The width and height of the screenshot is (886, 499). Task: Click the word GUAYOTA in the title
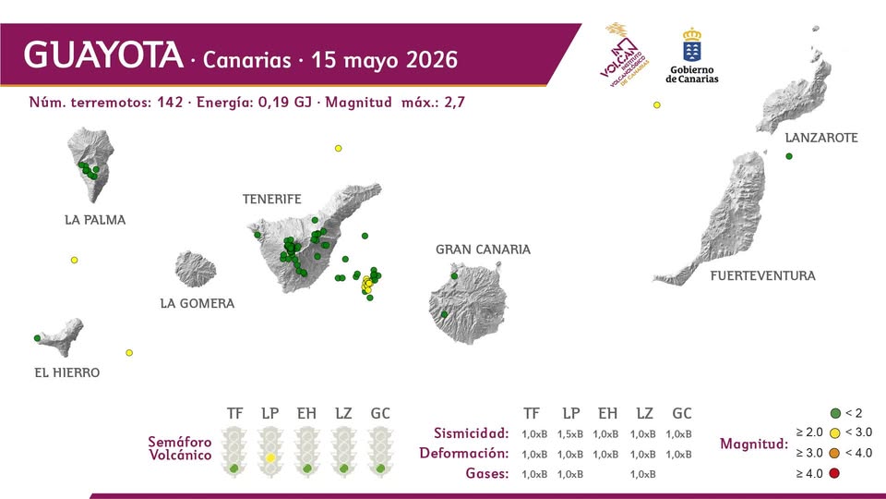pyautogui.click(x=103, y=55)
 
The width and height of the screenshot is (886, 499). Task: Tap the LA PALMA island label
pyautogui.click(x=95, y=220)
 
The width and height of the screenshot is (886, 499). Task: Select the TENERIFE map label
pyautogui.click(x=271, y=200)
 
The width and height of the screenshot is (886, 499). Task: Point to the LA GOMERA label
pyautogui.click(x=198, y=303)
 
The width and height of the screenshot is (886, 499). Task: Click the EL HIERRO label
pyautogui.click(x=67, y=372)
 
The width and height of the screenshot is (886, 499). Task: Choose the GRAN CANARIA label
pyautogui.click(x=483, y=249)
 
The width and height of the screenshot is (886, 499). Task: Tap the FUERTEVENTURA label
pyautogui.click(x=763, y=276)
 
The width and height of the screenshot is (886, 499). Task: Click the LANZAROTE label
pyautogui.click(x=821, y=138)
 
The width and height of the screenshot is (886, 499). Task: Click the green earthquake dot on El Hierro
pyautogui.click(x=37, y=338)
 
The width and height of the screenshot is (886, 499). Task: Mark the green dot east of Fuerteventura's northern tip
pyautogui.click(x=789, y=156)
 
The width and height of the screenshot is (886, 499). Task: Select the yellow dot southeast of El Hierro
pyautogui.click(x=129, y=353)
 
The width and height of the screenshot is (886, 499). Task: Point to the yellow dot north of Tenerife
pyautogui.click(x=339, y=148)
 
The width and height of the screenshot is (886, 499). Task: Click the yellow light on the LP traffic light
pyautogui.click(x=270, y=457)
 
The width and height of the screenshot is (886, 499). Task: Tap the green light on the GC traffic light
pyautogui.click(x=381, y=469)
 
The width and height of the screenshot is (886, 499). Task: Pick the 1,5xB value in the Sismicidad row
pyautogui.click(x=570, y=434)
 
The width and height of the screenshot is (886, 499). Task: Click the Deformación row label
pyautogui.click(x=464, y=453)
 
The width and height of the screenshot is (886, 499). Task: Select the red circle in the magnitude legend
pyautogui.click(x=834, y=473)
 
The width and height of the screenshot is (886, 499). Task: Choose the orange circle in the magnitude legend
pyautogui.click(x=834, y=453)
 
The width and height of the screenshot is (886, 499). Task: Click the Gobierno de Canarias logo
pyautogui.click(x=692, y=55)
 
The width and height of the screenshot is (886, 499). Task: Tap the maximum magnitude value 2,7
pyautogui.click(x=454, y=103)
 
